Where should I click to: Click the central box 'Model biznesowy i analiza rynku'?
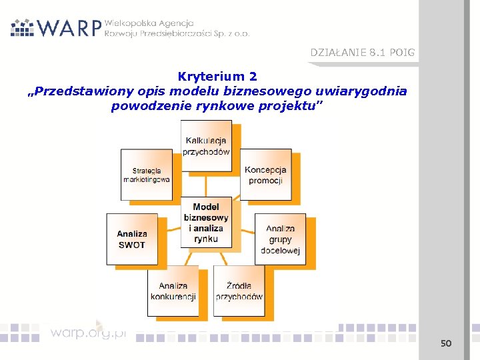[x=206, y=223]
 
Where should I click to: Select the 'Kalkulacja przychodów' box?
[x=206, y=146]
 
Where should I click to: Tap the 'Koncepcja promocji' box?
[x=265, y=175]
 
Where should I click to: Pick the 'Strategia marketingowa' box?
[x=146, y=175]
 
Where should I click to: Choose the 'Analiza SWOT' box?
[x=131, y=239]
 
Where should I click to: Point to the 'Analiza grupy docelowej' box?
[x=280, y=239]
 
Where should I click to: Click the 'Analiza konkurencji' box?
[x=173, y=291]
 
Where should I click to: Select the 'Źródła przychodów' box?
[x=239, y=291]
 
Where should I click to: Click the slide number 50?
[x=446, y=343]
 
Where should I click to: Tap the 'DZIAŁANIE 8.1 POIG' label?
[x=362, y=52]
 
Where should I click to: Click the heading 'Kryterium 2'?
[x=217, y=77]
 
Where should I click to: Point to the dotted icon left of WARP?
[x=22, y=27]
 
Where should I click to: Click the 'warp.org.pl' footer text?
[x=87, y=331]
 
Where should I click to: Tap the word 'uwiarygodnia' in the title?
[x=365, y=91]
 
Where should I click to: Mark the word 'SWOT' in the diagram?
[x=131, y=245]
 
